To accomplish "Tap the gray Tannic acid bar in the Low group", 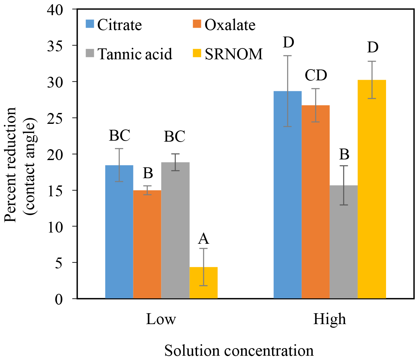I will coord(175,231).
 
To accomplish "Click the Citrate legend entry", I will coord(114,25).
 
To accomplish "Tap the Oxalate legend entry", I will coord(224,25).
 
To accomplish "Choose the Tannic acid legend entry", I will coord(129,54).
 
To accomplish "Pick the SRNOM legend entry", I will coord(228,54).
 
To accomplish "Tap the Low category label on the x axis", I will coord(161,319).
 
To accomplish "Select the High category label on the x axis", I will coord(329,319).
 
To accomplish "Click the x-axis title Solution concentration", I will coord(239,351).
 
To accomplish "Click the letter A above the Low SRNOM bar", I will coord(204,239).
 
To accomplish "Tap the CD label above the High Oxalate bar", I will coord(316,75).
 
